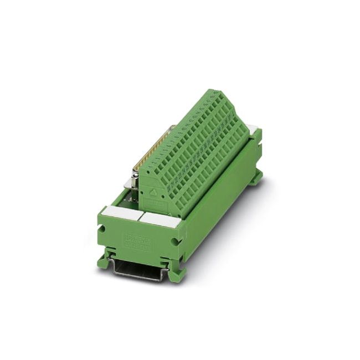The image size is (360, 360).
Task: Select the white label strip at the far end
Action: (254, 130)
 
